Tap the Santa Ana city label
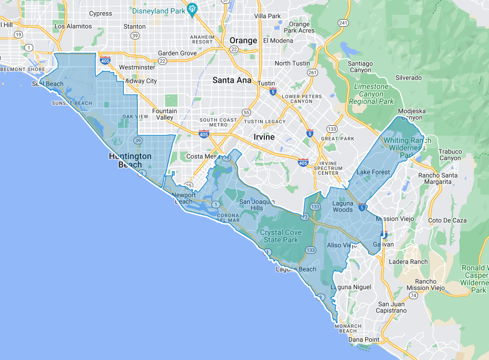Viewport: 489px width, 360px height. tap(231, 80)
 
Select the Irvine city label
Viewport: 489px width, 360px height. tap(264, 137)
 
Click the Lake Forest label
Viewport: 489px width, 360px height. tap(373, 172)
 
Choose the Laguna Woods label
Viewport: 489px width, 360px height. tap(342, 206)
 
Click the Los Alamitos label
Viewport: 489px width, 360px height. tap(70, 26)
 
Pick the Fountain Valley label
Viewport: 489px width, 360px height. tap(164, 114)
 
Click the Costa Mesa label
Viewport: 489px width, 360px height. tap(203, 156)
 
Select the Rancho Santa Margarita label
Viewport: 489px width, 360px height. tap(438, 179)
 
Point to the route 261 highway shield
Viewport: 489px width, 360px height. tap(312, 73)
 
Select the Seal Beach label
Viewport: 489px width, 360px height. tap(48, 84)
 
